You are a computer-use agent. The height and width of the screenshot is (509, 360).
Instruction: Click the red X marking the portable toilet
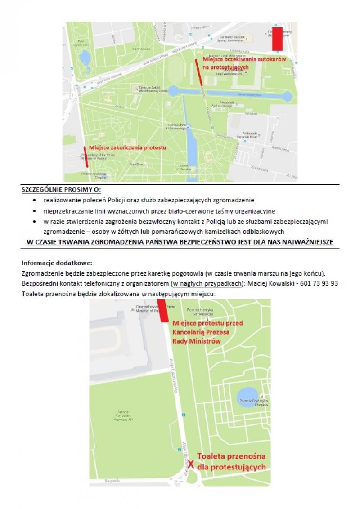tap(191, 465)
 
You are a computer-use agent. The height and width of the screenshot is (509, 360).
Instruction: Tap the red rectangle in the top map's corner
tap(277, 39)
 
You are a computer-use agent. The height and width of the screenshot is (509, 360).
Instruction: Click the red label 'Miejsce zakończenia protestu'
tap(127, 148)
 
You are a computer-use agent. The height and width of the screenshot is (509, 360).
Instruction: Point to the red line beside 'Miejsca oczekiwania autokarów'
tap(199, 72)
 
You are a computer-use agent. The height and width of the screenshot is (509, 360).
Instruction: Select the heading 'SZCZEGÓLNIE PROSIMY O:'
tap(62, 190)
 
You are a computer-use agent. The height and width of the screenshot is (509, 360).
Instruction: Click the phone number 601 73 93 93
tap(322, 284)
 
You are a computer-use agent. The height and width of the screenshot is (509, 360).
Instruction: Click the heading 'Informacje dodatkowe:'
tap(57, 263)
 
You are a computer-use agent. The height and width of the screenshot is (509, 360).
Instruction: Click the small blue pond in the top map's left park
tap(84, 57)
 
